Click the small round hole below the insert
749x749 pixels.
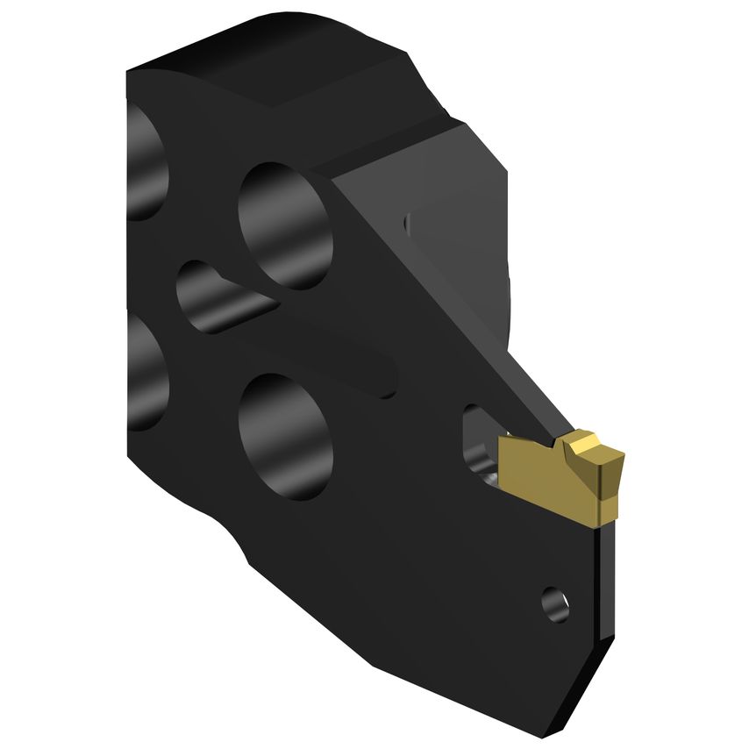[554, 604]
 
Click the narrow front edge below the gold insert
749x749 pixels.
[605, 614]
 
